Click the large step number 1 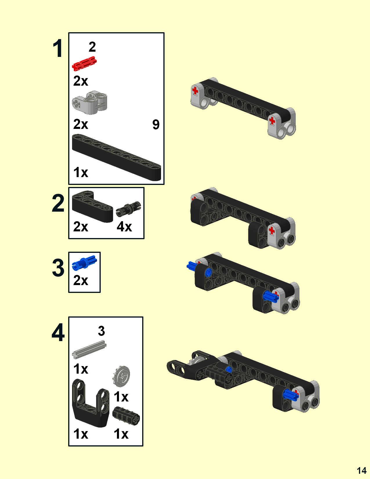58,48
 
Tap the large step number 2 58,203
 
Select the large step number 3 58,268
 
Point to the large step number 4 58,333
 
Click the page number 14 362,470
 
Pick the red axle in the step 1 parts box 84,64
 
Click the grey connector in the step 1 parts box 90,102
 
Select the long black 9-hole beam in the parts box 116,157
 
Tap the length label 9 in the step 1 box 156,125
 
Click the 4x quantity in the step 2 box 124,227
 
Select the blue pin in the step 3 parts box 84,262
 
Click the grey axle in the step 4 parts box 89,350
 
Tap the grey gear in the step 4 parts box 121,376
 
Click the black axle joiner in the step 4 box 126,416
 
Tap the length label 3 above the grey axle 101,331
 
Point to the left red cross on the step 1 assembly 195,91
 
